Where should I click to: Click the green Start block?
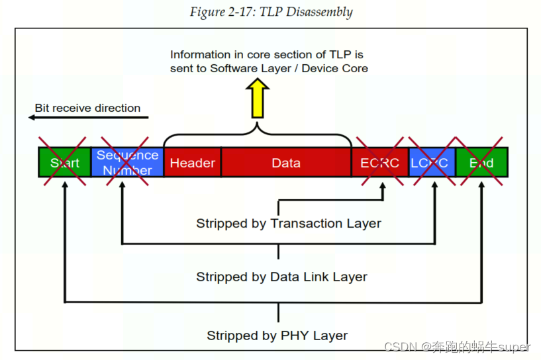[x=64, y=163]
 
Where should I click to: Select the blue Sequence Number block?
[x=127, y=163]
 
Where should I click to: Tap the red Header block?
[x=192, y=163]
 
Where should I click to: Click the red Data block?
[x=286, y=163]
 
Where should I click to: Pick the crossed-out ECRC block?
[x=379, y=163]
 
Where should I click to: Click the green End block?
[x=481, y=163]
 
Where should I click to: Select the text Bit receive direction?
[x=87, y=108]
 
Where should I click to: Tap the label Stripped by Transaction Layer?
[x=288, y=224]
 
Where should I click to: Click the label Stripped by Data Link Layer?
[x=281, y=277]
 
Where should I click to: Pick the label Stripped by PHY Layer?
[x=277, y=336]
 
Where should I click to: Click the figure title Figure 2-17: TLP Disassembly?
[x=271, y=12]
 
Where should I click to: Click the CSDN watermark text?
[x=457, y=347]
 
